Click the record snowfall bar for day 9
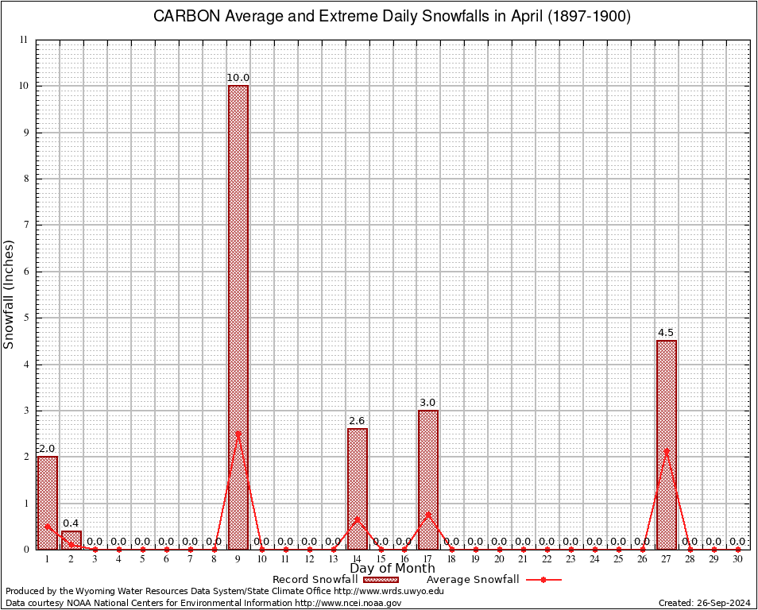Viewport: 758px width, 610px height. pyautogui.click(x=238, y=318)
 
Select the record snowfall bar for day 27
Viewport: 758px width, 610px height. pyautogui.click(x=667, y=445)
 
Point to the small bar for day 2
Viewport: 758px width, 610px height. pyautogui.click(x=72, y=540)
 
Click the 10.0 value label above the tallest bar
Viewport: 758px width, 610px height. pyautogui.click(x=238, y=78)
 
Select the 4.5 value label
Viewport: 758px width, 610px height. pyautogui.click(x=667, y=333)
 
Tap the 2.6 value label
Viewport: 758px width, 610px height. pyautogui.click(x=358, y=421)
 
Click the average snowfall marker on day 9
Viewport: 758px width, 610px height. pyautogui.click(x=238, y=434)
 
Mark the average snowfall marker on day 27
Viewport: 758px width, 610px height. pyautogui.click(x=667, y=450)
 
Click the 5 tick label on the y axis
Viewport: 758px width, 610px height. pyautogui.click(x=25, y=318)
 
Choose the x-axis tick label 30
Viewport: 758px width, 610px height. pyautogui.click(x=738, y=559)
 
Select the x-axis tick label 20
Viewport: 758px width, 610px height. pyautogui.click(x=500, y=559)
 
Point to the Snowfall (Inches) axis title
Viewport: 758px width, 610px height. pyautogui.click(x=10, y=294)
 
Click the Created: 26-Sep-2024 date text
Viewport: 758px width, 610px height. pyautogui.click(x=704, y=603)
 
